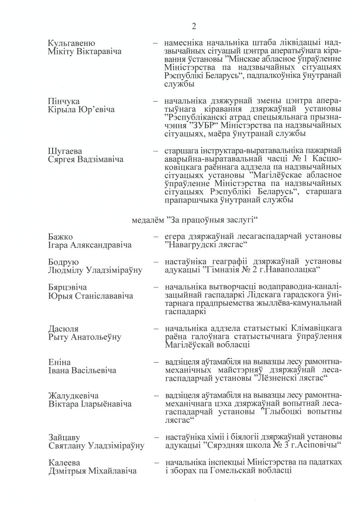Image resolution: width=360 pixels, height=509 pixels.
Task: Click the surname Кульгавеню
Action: click(x=71, y=43)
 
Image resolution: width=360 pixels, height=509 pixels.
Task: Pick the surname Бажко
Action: click(x=61, y=237)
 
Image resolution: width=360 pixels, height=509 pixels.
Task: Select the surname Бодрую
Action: click(x=63, y=262)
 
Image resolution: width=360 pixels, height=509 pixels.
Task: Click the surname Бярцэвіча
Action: click(x=68, y=287)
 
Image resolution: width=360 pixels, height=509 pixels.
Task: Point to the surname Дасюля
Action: click(x=64, y=328)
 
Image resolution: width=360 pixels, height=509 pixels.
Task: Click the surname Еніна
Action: click(x=59, y=362)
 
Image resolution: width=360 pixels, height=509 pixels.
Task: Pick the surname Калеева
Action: click(x=63, y=462)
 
